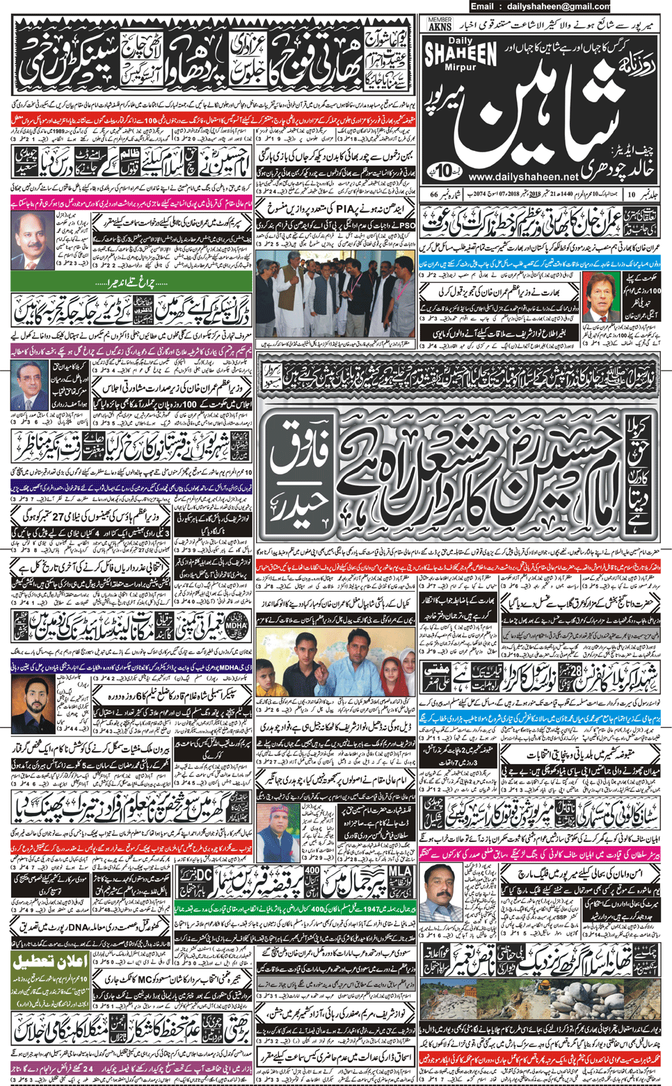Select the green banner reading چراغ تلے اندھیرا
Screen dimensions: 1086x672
tap(132, 283)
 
